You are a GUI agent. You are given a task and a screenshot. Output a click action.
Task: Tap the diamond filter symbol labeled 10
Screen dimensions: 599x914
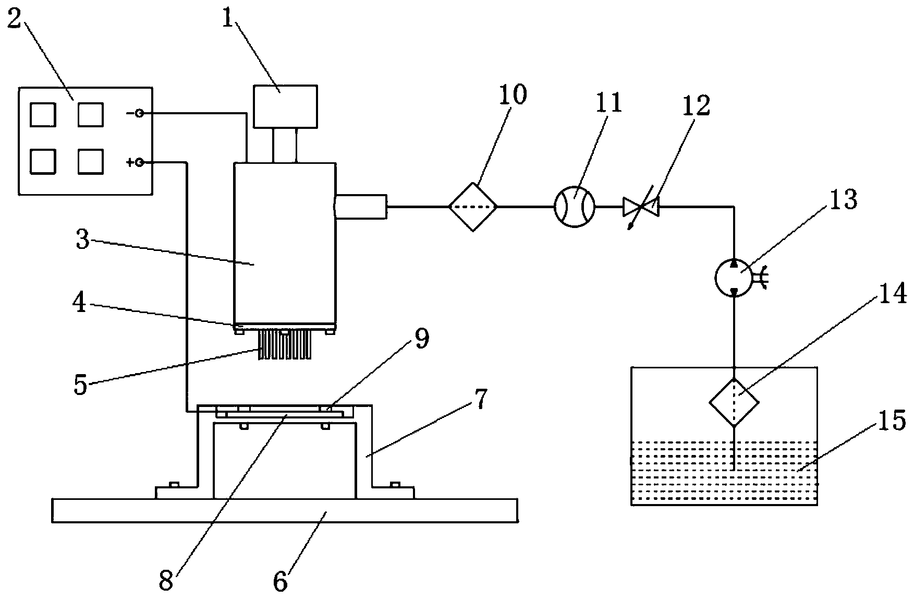[x=473, y=207]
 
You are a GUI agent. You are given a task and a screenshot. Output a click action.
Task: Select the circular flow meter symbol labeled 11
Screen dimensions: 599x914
[x=574, y=207]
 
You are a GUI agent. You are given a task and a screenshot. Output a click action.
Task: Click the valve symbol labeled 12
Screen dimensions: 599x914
[x=641, y=207]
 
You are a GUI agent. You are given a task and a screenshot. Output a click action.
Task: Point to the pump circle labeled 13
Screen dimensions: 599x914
[x=733, y=277]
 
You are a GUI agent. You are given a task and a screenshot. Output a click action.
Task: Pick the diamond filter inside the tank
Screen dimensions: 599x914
[x=734, y=402]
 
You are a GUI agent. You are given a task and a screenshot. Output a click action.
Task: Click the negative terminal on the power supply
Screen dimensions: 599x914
[x=139, y=113]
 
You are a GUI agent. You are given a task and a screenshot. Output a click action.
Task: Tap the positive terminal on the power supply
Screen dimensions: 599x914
[x=139, y=163]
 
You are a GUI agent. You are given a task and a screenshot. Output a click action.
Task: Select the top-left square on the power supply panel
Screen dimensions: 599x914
[x=43, y=115]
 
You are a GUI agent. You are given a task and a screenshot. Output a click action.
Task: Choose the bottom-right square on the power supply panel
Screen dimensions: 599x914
[x=91, y=161]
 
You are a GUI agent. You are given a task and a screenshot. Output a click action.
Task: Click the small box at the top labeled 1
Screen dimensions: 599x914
[x=285, y=106]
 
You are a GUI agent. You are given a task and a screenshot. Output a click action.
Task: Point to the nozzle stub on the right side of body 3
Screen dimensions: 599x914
[x=361, y=207]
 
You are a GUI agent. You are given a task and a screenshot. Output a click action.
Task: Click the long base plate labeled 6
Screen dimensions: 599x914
[x=285, y=511]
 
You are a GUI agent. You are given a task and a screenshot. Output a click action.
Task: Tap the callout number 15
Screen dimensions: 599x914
[x=892, y=422]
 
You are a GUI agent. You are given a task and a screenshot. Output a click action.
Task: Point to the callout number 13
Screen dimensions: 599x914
[x=843, y=199]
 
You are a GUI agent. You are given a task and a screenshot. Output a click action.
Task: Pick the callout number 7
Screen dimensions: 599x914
[x=480, y=401]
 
